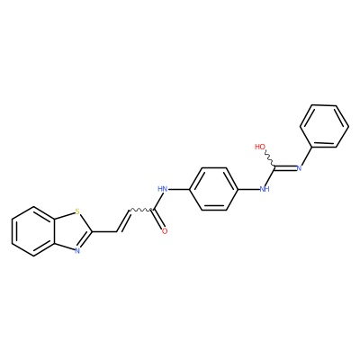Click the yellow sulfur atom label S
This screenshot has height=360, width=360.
(77, 212)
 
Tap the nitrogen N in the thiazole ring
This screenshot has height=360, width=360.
(77, 250)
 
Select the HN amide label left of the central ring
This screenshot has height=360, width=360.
(163, 189)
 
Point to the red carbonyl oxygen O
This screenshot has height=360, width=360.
(165, 231)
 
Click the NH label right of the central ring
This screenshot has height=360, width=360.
(265, 189)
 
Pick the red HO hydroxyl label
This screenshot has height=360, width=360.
(260, 147)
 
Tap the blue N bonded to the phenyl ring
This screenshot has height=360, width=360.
(299, 168)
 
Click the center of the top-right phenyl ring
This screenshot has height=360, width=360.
(324, 126)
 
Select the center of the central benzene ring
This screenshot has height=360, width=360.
(213, 189)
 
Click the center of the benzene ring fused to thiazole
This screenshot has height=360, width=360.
(33, 231)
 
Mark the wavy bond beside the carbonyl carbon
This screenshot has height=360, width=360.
(141, 210)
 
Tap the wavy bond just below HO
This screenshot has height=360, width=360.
(269, 159)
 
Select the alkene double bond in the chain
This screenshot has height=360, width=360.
(123, 220)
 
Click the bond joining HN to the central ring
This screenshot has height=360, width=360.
(179, 189)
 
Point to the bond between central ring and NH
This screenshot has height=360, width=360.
(248, 189)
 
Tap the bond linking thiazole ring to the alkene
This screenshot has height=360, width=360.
(104, 231)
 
